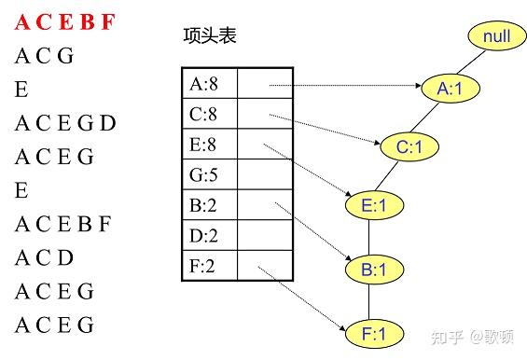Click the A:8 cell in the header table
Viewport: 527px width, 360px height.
(210, 84)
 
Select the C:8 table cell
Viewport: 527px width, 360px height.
(210, 116)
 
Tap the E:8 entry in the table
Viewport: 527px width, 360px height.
(210, 145)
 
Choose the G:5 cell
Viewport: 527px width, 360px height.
(210, 175)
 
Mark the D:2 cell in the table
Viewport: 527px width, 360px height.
(210, 236)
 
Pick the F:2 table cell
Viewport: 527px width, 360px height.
(210, 266)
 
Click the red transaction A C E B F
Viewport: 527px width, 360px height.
(64, 22)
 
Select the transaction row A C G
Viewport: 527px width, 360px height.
(44, 56)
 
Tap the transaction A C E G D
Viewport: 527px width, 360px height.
(65, 123)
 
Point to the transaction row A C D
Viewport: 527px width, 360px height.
(44, 257)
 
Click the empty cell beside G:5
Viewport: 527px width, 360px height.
(266, 175)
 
